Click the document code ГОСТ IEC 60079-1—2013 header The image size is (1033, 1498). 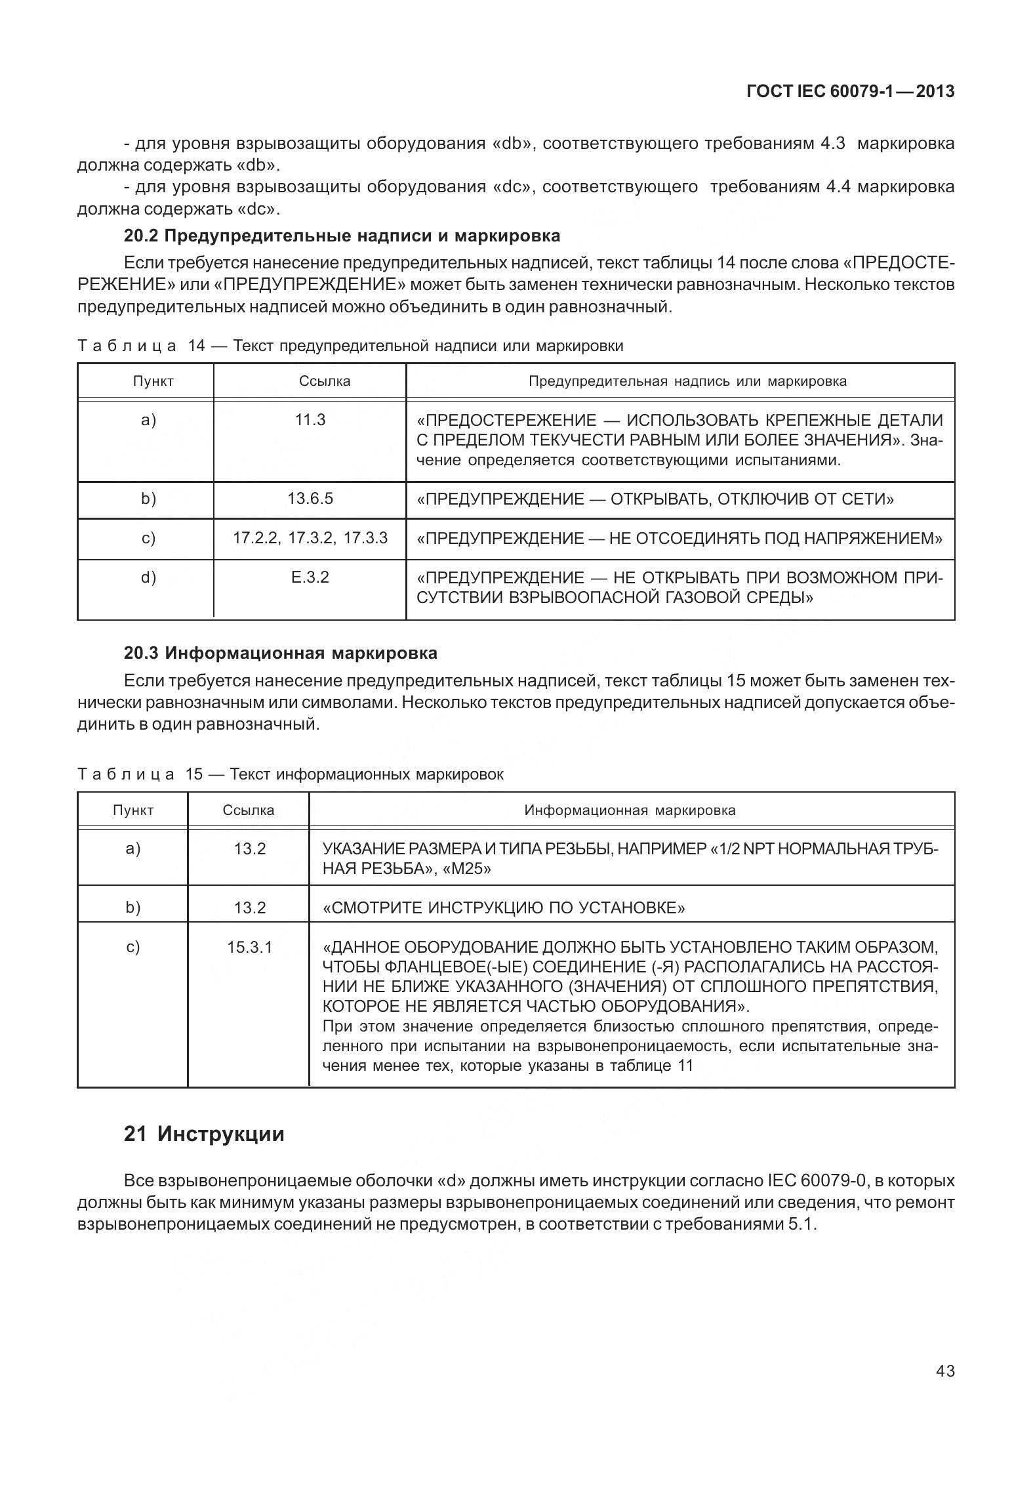pos(850,92)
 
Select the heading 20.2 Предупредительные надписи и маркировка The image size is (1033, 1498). pos(342,236)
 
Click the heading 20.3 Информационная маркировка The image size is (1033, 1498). pos(280,653)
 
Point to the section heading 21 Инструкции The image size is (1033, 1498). pos(204,1134)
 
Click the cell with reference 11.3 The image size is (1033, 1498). pos(310,420)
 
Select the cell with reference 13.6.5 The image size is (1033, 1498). pos(310,499)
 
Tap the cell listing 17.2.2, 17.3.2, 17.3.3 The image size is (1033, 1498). pos(310,538)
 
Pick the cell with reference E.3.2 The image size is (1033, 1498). pos(310,577)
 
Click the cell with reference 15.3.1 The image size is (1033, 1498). pos(249,947)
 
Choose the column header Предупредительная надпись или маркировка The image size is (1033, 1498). pos(687,381)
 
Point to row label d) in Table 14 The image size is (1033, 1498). pos(149,577)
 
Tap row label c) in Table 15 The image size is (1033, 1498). pos(133,947)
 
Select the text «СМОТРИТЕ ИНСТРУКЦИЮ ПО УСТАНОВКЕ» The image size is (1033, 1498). pos(504,908)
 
